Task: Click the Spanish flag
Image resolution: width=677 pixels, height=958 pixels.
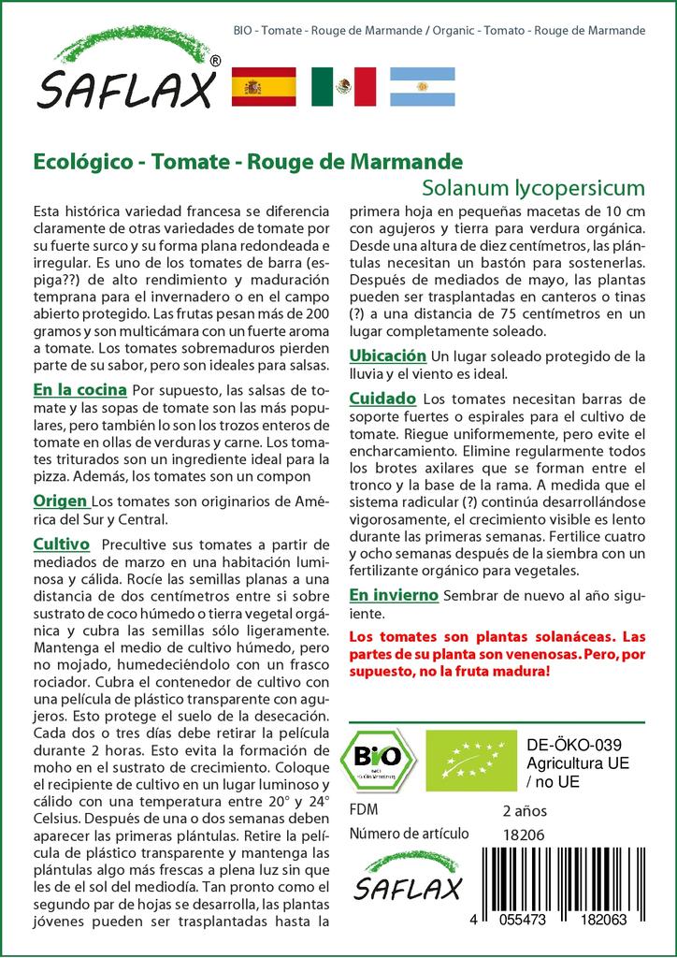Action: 263,87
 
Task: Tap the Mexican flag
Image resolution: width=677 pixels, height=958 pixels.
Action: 343,87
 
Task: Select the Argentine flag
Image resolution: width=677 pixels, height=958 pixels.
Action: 422,87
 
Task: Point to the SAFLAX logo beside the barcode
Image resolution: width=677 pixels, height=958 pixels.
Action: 407,876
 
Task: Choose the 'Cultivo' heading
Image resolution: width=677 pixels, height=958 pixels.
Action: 61,544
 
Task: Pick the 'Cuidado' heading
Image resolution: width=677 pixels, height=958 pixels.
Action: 382,399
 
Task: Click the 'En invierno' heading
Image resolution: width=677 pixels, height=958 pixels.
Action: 394,595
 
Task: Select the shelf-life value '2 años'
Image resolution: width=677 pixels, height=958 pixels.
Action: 525,810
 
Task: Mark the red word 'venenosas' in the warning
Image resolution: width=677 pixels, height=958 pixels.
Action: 519,653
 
